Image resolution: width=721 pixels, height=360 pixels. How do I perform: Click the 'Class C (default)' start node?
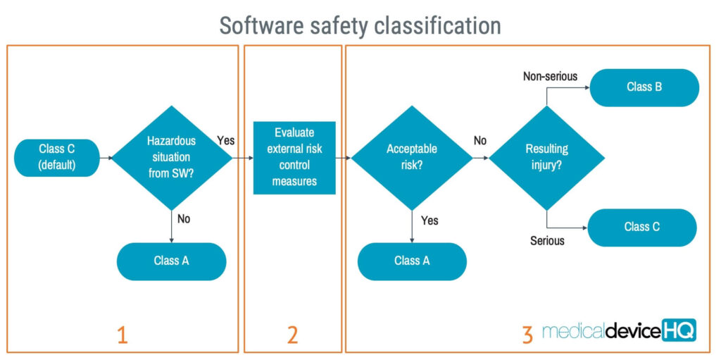[57, 158]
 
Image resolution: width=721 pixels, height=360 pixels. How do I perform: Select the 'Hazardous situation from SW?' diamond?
[172, 158]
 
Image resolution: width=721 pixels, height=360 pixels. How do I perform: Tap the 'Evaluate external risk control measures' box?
[294, 158]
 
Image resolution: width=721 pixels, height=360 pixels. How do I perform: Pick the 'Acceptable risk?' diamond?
[412, 158]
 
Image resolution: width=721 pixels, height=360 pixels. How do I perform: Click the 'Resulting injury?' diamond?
[546, 158]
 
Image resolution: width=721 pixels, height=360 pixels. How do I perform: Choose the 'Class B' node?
[645, 87]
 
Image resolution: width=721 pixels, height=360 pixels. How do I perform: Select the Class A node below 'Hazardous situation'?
[172, 261]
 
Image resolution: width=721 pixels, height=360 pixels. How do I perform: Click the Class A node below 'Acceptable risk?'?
[412, 261]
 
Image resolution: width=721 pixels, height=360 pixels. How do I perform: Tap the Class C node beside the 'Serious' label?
[642, 228]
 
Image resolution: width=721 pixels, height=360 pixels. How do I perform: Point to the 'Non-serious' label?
[550, 76]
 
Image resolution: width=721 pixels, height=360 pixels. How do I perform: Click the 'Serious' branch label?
[547, 240]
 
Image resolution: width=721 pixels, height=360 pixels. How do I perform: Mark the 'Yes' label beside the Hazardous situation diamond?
[226, 140]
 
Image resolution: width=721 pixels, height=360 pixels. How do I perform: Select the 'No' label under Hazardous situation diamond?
[184, 219]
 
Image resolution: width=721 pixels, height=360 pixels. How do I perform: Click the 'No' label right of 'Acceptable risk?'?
[480, 140]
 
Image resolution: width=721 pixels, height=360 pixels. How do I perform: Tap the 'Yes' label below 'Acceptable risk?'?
[430, 221]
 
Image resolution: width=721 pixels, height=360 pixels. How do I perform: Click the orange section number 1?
[122, 335]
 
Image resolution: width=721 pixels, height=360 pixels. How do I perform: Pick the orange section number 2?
[292, 335]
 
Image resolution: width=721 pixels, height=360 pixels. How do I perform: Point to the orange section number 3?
[528, 335]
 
